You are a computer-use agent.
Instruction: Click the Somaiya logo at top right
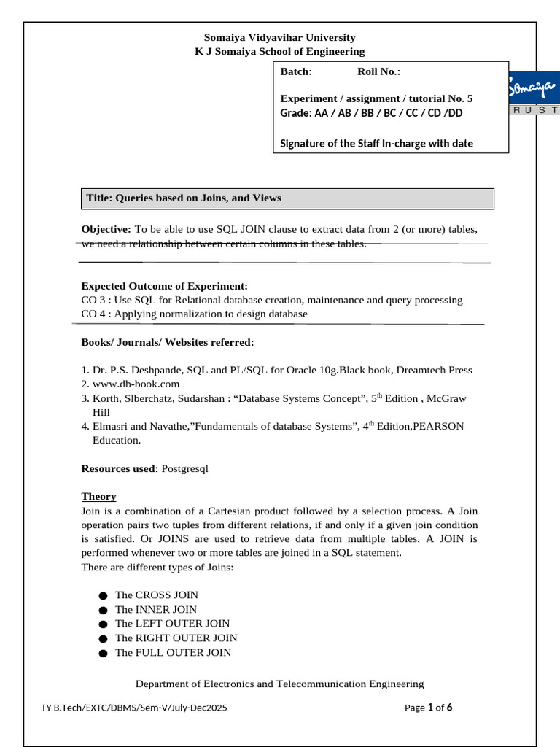tap(534, 93)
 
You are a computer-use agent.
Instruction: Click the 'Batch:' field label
tap(296, 71)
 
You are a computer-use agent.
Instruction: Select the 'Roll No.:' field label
tap(378, 71)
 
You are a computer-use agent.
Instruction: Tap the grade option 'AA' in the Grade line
tap(321, 113)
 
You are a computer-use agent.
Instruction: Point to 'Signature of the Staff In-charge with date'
tap(376, 144)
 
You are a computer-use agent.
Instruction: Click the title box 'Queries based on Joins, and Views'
tap(287, 198)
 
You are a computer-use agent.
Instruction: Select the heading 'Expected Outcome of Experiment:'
tap(164, 286)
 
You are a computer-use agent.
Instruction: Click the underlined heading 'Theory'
tap(98, 496)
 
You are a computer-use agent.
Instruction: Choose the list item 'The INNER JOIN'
tap(156, 609)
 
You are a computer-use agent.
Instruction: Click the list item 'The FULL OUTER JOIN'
tap(173, 652)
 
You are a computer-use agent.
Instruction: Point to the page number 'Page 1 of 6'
tap(429, 707)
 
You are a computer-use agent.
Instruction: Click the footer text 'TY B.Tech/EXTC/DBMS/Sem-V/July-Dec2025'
tap(139, 708)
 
